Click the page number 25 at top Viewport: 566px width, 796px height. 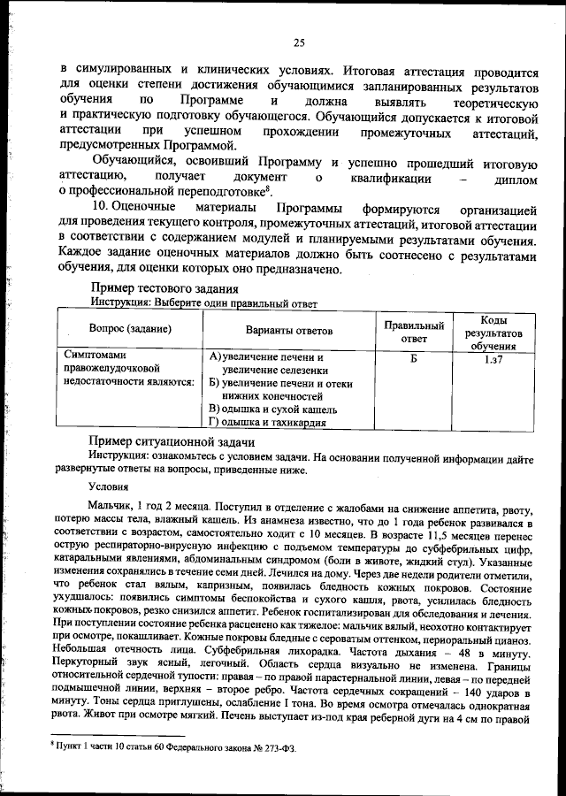click(299, 42)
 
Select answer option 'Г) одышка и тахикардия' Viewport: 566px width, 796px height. click(268, 422)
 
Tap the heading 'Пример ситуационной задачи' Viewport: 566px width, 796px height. click(172, 441)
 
